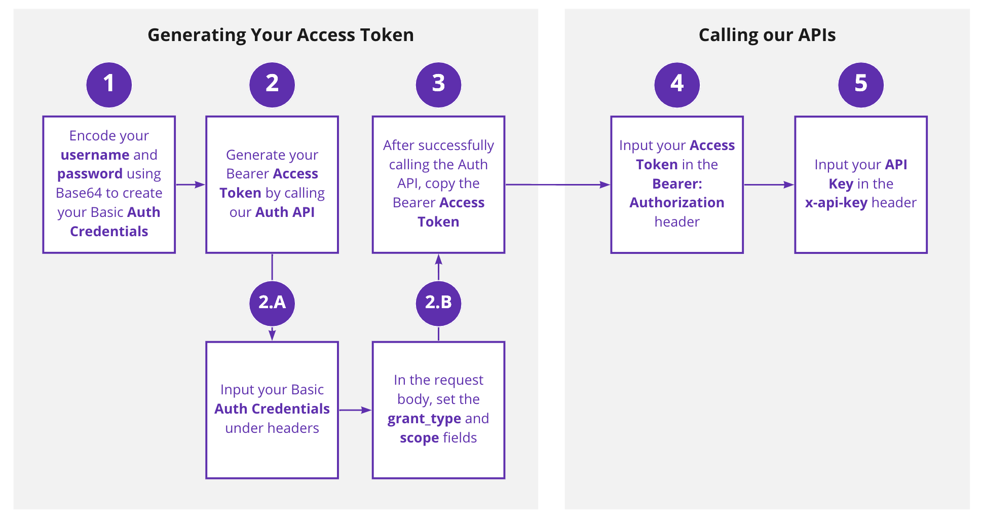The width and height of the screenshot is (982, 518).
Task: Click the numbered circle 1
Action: pyautogui.click(x=109, y=85)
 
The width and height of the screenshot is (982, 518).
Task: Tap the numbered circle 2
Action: pyautogui.click(x=272, y=85)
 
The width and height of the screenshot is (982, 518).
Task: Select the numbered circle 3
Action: pyautogui.click(x=438, y=85)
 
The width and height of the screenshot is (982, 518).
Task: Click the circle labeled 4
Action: pyautogui.click(x=677, y=85)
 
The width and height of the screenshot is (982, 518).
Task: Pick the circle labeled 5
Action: pyautogui.click(x=861, y=85)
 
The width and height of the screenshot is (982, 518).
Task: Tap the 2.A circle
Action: pyautogui.click(x=272, y=303)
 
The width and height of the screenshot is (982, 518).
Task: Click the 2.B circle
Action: pyautogui.click(x=438, y=303)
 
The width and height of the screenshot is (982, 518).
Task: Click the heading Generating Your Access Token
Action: pyautogui.click(x=280, y=35)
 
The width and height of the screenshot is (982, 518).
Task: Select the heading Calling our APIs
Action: pyautogui.click(x=767, y=35)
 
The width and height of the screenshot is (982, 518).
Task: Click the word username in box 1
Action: pyautogui.click(x=95, y=155)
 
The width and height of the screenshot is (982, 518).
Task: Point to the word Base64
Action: pyautogui.click(x=79, y=193)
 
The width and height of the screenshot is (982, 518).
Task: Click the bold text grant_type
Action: pyautogui.click(x=424, y=419)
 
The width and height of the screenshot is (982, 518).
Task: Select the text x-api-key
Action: pyautogui.click(x=836, y=203)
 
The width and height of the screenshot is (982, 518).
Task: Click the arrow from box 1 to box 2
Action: pyautogui.click(x=191, y=184)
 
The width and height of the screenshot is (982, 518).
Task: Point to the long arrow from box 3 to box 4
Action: pyautogui.click(x=557, y=184)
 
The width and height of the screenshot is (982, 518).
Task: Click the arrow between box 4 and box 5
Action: pyautogui.click(x=769, y=184)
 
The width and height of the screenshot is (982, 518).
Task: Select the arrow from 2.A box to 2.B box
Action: pyautogui.click(x=355, y=410)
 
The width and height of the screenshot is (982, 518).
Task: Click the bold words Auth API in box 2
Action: pyautogui.click(x=285, y=212)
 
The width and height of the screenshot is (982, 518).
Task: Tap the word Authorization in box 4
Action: pyautogui.click(x=677, y=203)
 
